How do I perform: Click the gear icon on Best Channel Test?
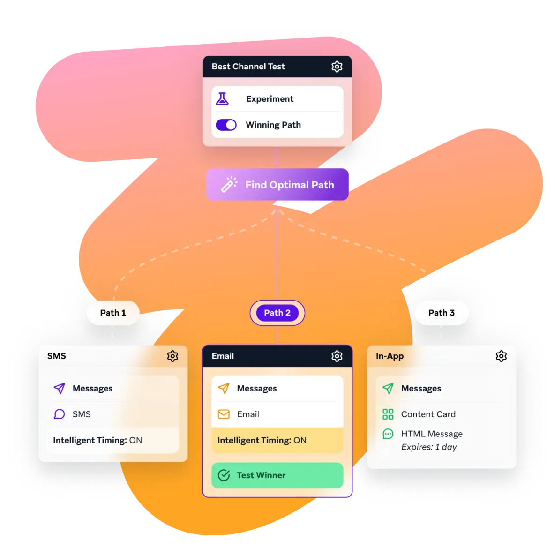click(x=337, y=67)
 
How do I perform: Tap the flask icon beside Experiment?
click(x=222, y=99)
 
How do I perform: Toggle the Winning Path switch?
click(x=226, y=125)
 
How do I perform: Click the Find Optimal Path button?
click(x=277, y=184)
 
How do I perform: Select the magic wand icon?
click(x=229, y=184)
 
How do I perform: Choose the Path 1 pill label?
click(x=113, y=313)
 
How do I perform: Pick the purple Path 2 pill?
click(x=277, y=313)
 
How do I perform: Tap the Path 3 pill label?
click(x=442, y=313)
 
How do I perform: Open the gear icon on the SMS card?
click(x=172, y=356)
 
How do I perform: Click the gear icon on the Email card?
click(x=337, y=356)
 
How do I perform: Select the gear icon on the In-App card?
click(x=501, y=356)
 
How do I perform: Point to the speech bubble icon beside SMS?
click(x=59, y=414)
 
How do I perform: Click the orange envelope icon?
click(x=224, y=414)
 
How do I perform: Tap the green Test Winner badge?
click(x=277, y=475)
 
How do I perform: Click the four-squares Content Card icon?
click(x=388, y=414)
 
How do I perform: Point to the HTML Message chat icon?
click(x=388, y=434)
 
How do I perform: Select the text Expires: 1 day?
click(x=429, y=447)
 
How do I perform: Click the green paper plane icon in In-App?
click(x=388, y=388)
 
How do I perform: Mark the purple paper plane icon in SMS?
click(x=59, y=388)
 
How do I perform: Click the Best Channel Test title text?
click(x=248, y=67)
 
